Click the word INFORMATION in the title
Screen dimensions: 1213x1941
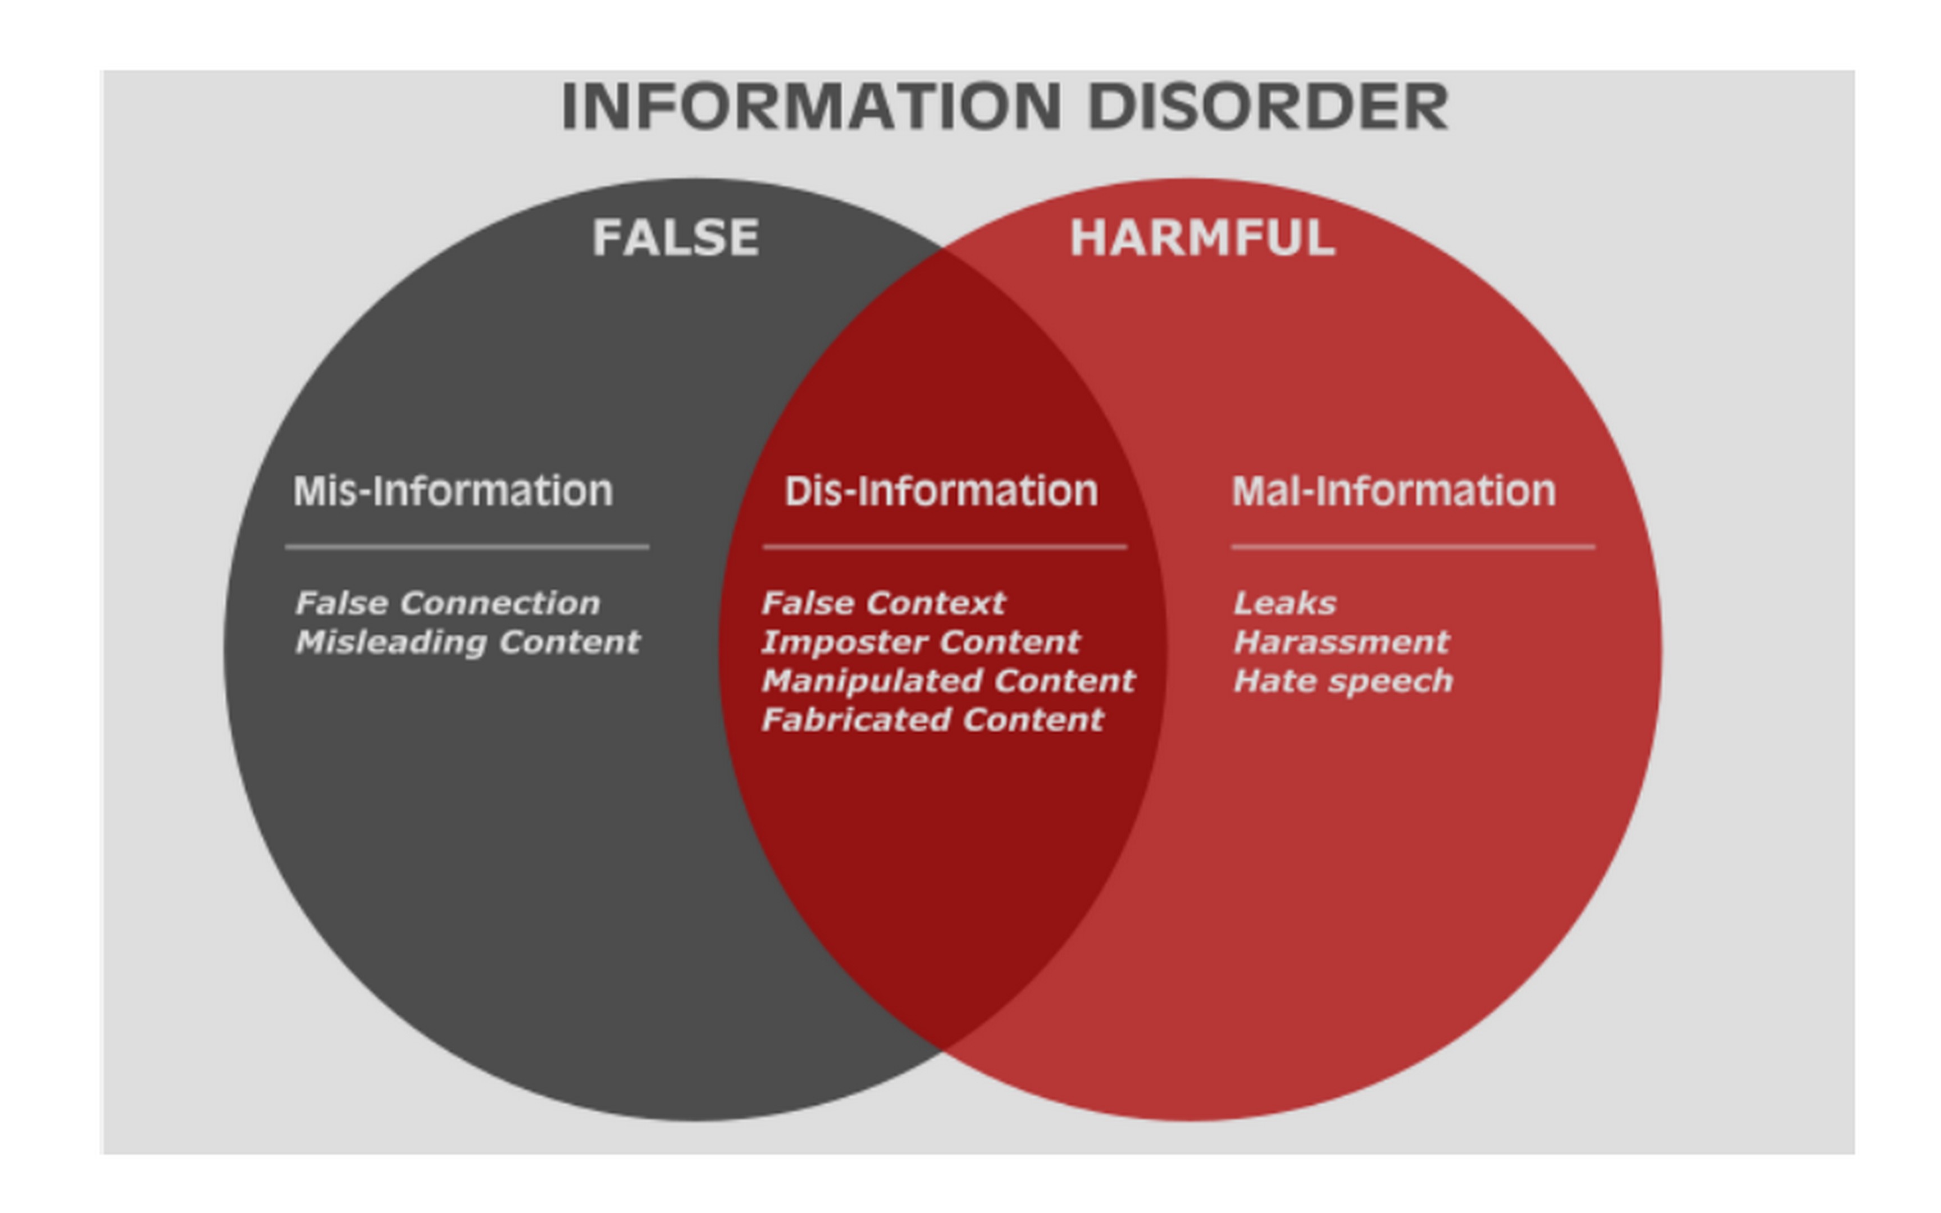point(810,107)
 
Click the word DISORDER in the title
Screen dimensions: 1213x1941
point(1267,107)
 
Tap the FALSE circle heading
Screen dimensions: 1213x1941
point(675,238)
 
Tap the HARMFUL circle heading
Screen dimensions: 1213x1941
point(1201,238)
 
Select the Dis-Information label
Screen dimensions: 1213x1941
point(941,491)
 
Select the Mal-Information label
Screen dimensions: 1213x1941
point(1393,491)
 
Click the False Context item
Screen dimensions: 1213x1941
point(882,603)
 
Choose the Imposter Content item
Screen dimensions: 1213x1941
point(920,642)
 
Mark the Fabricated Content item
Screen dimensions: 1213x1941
point(932,719)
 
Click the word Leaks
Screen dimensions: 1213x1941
point(1284,603)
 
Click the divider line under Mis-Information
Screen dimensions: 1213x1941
point(467,547)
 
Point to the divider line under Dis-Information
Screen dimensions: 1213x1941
point(944,547)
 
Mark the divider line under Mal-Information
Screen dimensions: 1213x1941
point(1413,547)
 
